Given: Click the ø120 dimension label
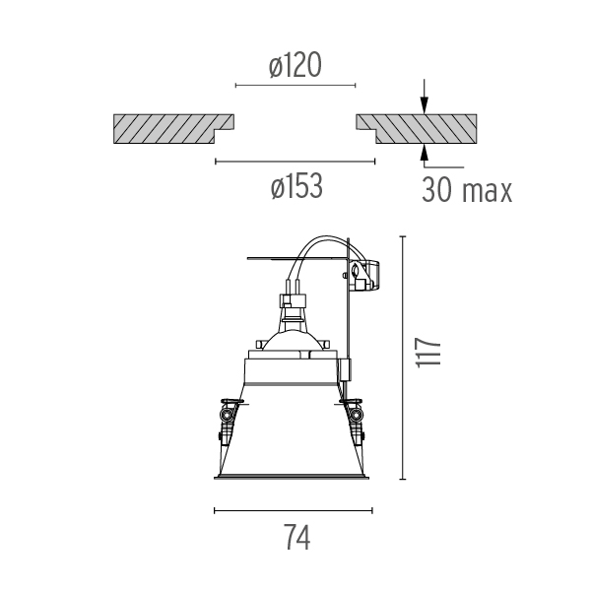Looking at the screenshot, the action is tap(295, 65).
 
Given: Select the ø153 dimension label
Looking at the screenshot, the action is tap(296, 186).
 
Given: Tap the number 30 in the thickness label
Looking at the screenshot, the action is tap(436, 189).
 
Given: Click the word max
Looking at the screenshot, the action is tap(487, 192).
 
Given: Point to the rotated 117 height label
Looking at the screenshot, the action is tap(427, 352).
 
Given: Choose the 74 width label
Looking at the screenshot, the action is tap(297, 537).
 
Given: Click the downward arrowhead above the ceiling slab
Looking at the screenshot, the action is tap(425, 105).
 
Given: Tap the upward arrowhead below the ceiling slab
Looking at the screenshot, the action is tap(425, 152).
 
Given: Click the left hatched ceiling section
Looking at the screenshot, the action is tap(173, 128).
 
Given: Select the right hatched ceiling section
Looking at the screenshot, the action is tap(417, 128).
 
